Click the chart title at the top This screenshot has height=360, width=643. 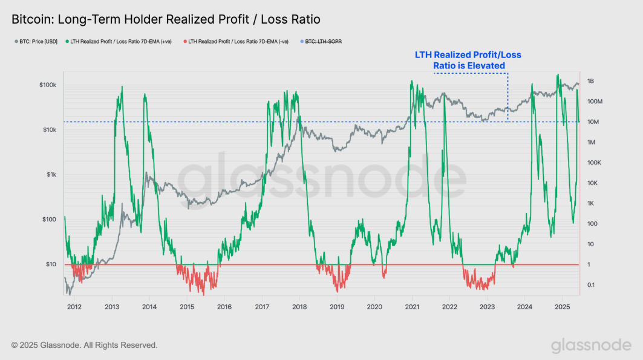(166, 19)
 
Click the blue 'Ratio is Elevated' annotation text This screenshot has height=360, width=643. (468, 65)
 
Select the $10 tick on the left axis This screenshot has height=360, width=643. (51, 264)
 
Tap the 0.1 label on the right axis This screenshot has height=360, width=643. (591, 285)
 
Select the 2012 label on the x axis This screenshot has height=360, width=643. (74, 307)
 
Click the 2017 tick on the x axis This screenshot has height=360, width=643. (262, 307)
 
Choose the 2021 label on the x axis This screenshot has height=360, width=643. (412, 307)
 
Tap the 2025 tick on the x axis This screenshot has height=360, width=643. (563, 307)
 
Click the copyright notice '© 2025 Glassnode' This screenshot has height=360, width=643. (85, 345)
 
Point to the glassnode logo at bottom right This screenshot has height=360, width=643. (590, 345)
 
